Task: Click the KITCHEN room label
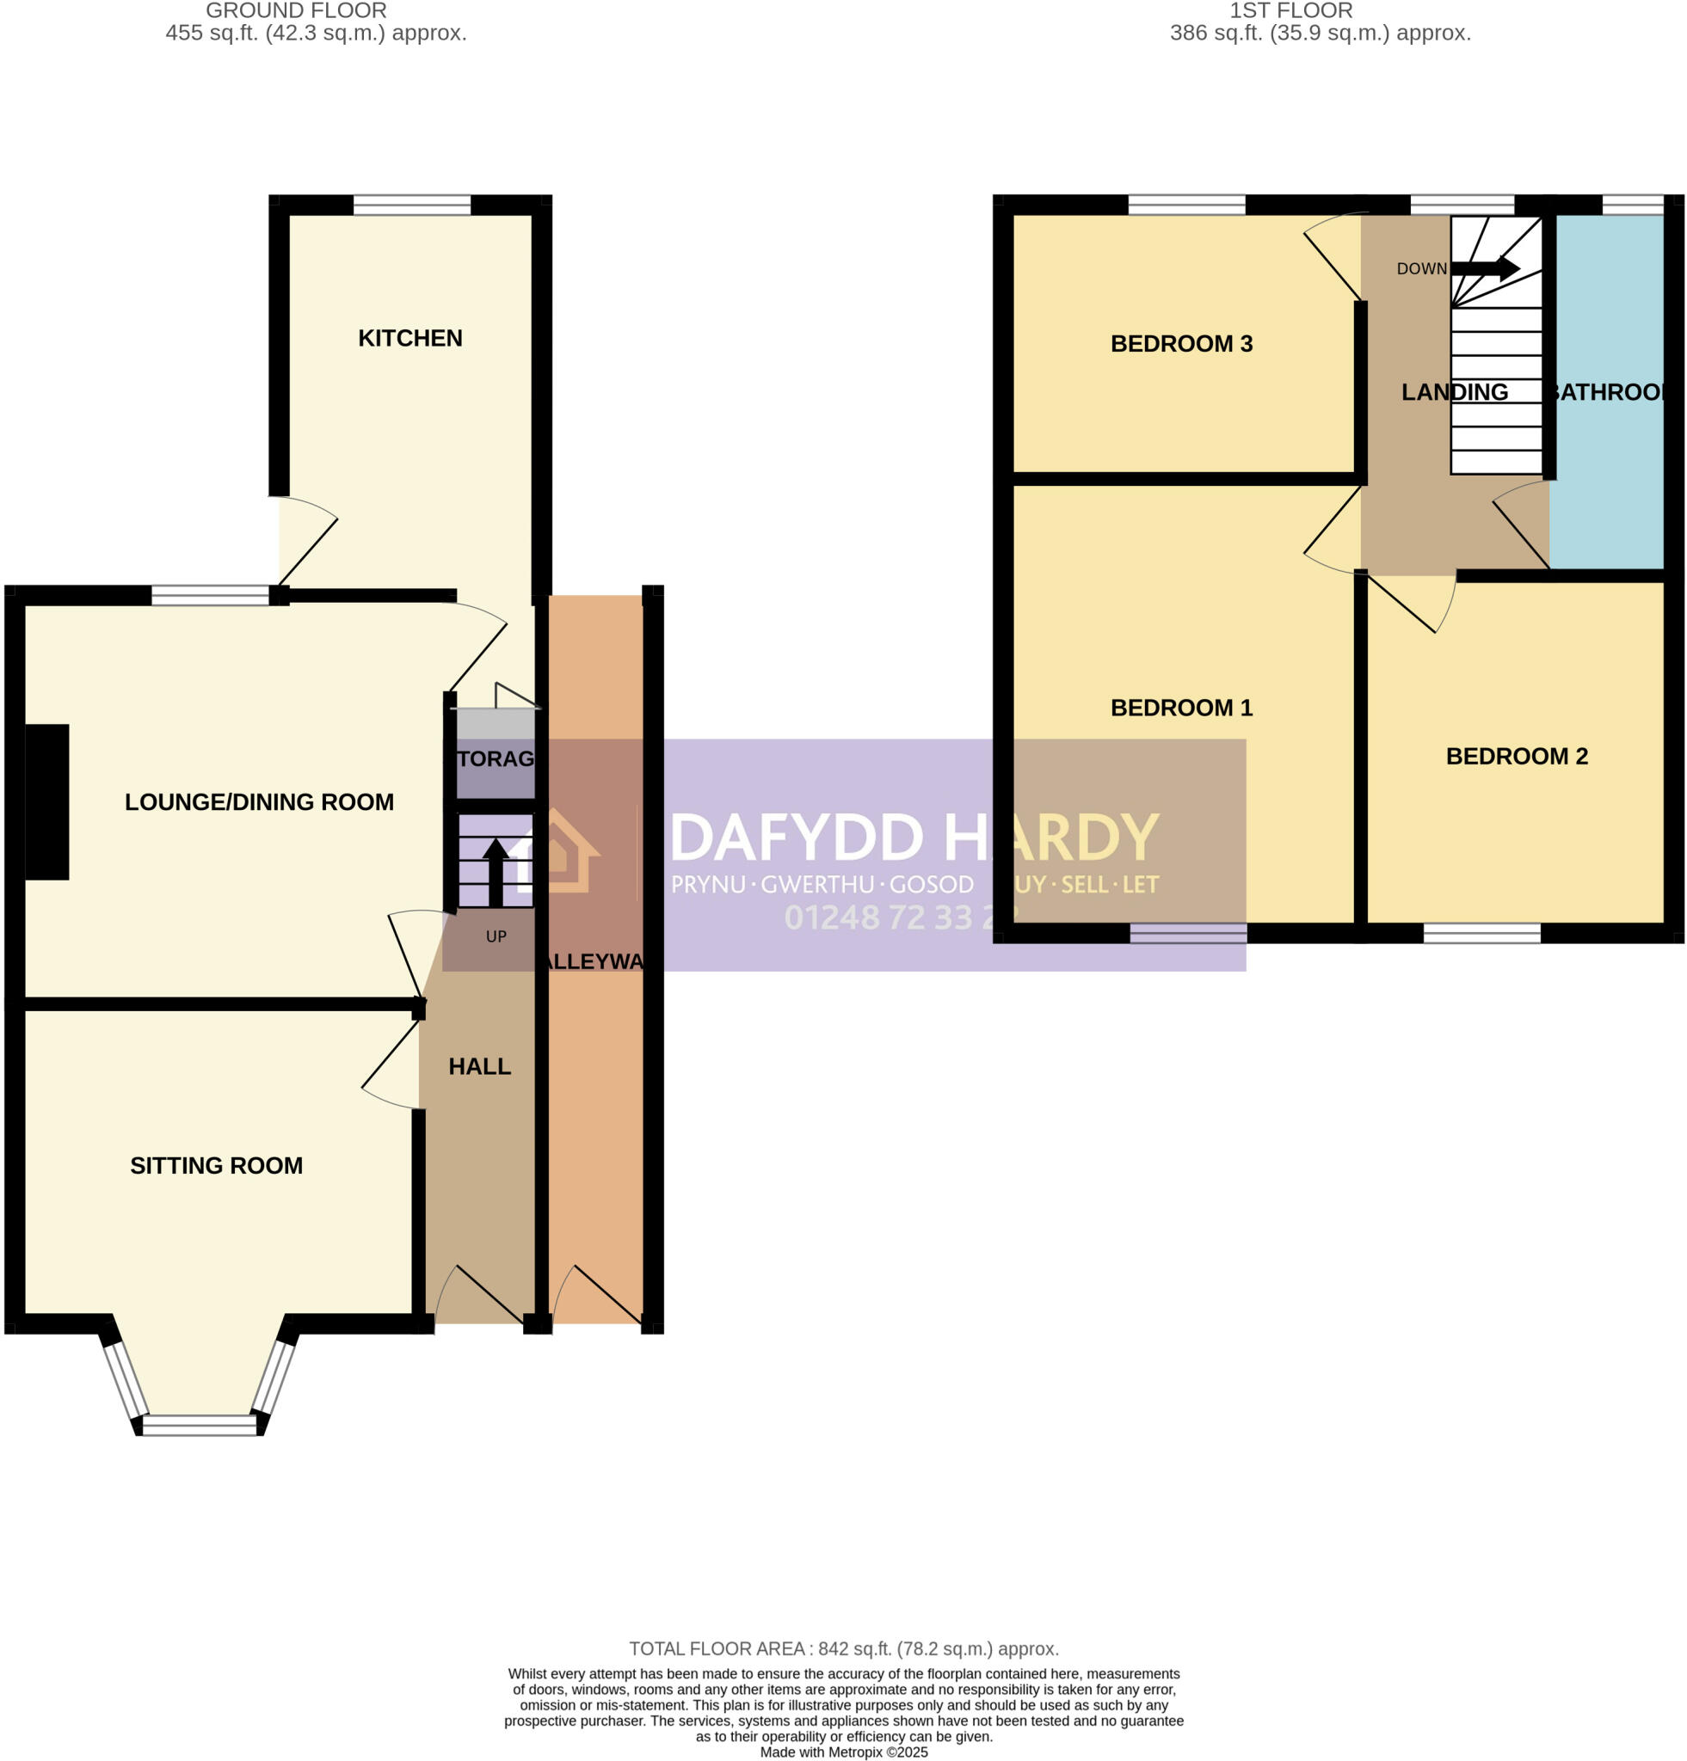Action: [x=409, y=338]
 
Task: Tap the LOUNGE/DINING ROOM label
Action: [x=259, y=801]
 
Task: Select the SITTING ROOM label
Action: [x=216, y=1165]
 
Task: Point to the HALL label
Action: [x=479, y=1066]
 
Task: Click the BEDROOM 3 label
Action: [x=1181, y=343]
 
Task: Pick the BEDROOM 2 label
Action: [x=1516, y=756]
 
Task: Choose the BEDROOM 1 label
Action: [x=1181, y=707]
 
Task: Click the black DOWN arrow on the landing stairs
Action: [x=1485, y=267]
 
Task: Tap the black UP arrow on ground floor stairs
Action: [x=496, y=872]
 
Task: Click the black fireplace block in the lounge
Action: [x=46, y=801]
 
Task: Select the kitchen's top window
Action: [x=411, y=206]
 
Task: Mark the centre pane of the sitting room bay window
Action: [x=200, y=1425]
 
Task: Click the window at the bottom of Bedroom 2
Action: [x=1481, y=933]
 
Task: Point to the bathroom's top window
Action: [x=1631, y=206]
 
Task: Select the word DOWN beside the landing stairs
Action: [x=1421, y=268]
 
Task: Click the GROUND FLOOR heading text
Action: [x=296, y=11]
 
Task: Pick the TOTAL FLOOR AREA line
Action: [x=843, y=1648]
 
